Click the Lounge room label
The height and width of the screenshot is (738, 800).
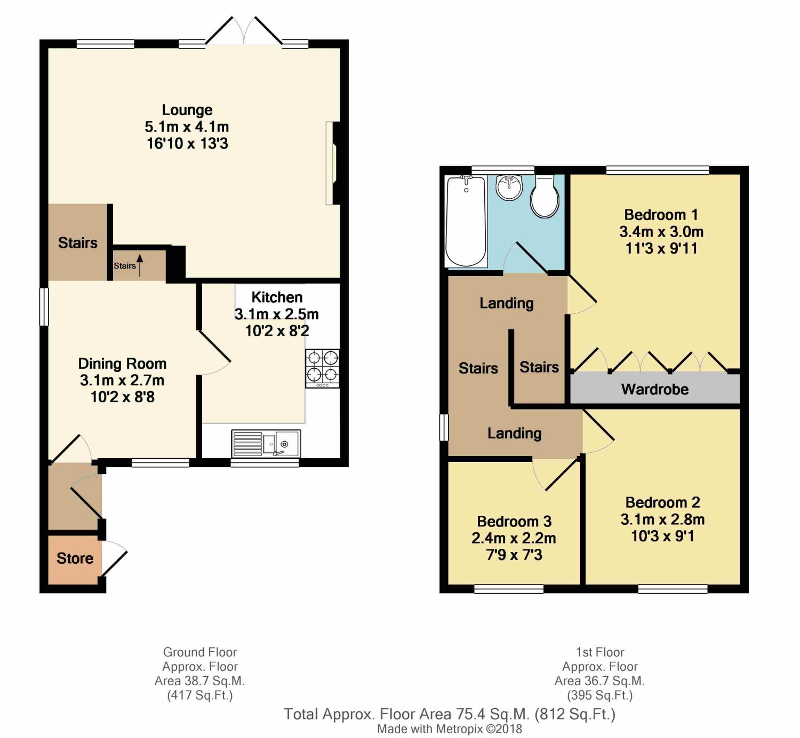point(187,110)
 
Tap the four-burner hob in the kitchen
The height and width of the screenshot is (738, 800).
point(322,368)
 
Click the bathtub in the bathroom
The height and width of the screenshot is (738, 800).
point(466,222)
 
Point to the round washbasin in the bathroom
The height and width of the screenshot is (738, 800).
point(509,187)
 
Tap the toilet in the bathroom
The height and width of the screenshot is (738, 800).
point(545,197)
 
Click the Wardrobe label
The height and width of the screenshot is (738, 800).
point(654,389)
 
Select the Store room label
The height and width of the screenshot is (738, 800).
point(75,558)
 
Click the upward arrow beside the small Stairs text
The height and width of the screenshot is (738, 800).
point(140,265)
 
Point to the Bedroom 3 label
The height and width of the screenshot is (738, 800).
point(514,521)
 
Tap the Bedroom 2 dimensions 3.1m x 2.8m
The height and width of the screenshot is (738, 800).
point(662,520)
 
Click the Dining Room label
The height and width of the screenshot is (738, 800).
point(122,363)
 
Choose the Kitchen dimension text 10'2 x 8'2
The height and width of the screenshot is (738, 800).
point(277,331)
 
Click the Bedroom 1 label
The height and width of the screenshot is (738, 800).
point(661,215)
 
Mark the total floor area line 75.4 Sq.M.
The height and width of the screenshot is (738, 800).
point(450,714)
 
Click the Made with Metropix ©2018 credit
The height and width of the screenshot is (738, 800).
point(450,729)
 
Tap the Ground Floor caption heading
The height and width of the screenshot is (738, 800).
point(200,652)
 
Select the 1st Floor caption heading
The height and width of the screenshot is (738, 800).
point(600,652)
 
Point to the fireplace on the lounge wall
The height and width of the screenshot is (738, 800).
point(333,164)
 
